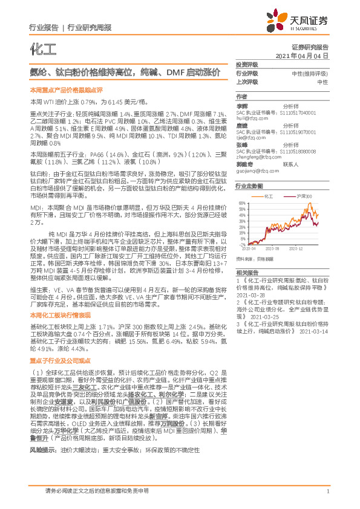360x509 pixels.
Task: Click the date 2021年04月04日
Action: pyautogui.click(x=306, y=55)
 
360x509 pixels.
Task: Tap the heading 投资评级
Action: pyautogui.click(x=247, y=64)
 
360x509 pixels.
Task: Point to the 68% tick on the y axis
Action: pyautogui.click(x=242, y=203)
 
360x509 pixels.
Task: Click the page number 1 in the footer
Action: pyautogui.click(x=327, y=491)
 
